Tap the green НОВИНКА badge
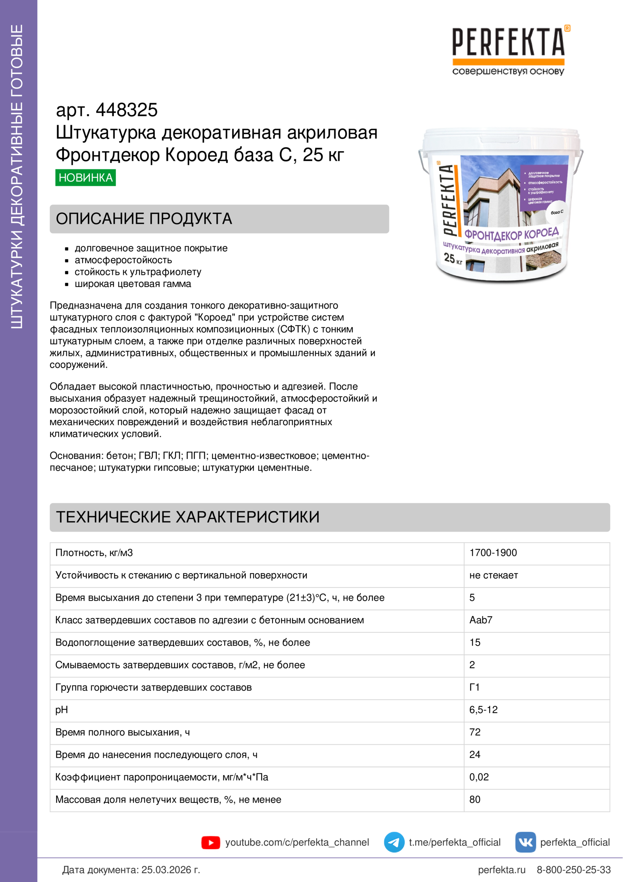86,178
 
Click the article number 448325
126,110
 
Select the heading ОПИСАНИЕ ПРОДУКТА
144,219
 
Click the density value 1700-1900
493,553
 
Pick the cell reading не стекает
494,575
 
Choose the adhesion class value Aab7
481,620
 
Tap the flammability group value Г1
475,687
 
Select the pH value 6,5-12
483,710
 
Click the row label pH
61,710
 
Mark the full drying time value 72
475,732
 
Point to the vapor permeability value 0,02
479,777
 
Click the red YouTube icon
211,842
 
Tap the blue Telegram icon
394,842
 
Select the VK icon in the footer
525,842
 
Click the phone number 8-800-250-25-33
574,870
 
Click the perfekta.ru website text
502,870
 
